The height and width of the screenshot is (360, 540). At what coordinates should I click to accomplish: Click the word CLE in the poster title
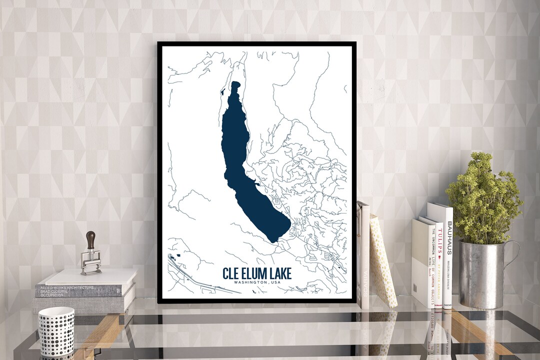(232, 273)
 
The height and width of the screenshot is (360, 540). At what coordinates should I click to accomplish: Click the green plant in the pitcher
(482, 200)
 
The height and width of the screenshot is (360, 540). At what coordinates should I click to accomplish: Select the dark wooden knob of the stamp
(90, 239)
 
